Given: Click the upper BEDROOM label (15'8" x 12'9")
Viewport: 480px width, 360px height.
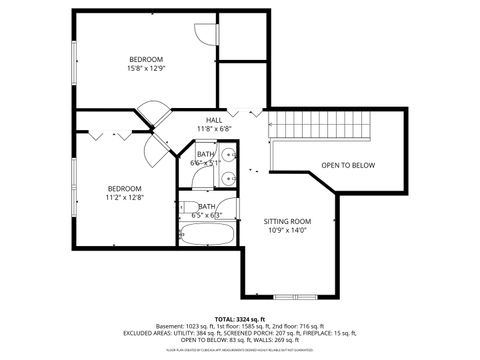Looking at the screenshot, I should point(145,58).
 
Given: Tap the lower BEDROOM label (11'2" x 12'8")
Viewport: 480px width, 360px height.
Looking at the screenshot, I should point(125,188).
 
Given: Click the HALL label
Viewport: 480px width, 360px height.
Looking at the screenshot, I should point(214,119).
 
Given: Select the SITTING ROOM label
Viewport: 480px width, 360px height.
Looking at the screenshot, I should point(288,221).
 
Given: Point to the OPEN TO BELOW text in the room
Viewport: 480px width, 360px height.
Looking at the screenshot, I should point(348,165).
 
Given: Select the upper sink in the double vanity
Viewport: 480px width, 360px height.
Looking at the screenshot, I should point(229,155).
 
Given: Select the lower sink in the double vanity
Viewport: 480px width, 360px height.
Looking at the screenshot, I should point(229,180).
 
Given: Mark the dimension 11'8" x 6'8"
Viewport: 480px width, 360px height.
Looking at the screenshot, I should point(214,129).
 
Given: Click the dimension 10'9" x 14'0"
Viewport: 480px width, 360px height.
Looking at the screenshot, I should point(288,231).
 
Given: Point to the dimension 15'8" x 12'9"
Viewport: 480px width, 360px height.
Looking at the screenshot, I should point(145,68).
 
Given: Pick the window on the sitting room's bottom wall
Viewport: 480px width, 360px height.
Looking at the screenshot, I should point(298,297).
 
